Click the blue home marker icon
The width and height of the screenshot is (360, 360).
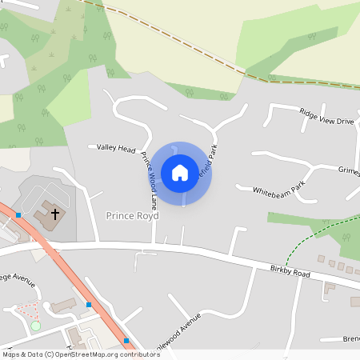pos(180,172)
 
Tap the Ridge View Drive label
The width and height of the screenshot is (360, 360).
pos(326,118)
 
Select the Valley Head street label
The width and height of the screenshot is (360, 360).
pos(117,148)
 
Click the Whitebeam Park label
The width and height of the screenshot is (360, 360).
pos(279,190)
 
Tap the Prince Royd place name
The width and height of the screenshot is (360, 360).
pos(132,216)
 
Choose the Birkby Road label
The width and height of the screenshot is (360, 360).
pos(289,273)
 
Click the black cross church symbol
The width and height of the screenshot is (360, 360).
pos(55,214)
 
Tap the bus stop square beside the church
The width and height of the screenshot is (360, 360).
pos(18,215)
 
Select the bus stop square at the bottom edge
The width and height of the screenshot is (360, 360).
pos(126,341)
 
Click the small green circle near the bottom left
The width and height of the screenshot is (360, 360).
pos(35,326)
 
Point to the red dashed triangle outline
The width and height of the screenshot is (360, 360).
pos(29,311)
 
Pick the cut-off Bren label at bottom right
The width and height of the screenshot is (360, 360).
pos(351,339)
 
